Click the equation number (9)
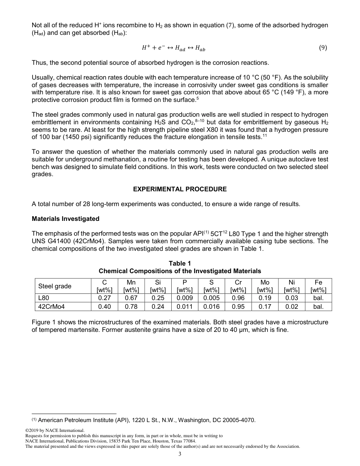coord(323,48)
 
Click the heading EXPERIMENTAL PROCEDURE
coord(180,189)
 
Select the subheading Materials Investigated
coord(66,219)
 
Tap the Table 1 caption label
coord(180,263)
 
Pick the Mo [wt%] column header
coord(265,286)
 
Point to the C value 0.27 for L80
coord(105,298)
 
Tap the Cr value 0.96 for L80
coord(238,298)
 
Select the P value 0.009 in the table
coord(185,298)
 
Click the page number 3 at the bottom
coord(180,454)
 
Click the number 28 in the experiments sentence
coord(87,204)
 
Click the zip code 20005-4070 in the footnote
coord(239,420)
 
